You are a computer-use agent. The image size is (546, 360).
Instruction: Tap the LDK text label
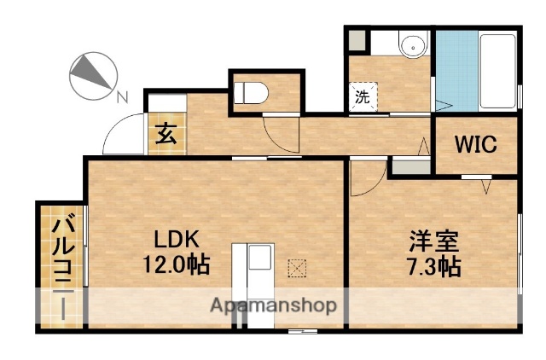pos(176,239)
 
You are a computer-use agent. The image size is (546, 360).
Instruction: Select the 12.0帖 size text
pos(176,264)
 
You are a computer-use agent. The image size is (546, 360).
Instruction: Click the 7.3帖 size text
pos(432,266)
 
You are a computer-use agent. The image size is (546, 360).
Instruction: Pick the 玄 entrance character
pos(166,134)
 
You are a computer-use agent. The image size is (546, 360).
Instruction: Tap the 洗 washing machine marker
pos(363,96)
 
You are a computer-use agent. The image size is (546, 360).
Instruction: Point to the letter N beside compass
pos(122,96)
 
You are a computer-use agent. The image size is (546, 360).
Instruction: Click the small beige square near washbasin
pos(356,40)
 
